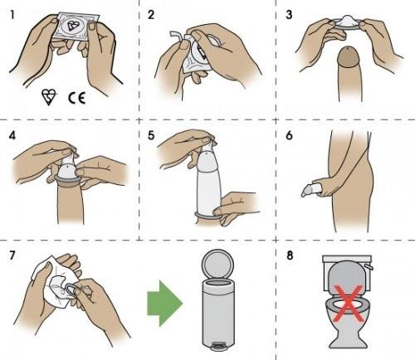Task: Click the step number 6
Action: pyautogui.click(x=288, y=133)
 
